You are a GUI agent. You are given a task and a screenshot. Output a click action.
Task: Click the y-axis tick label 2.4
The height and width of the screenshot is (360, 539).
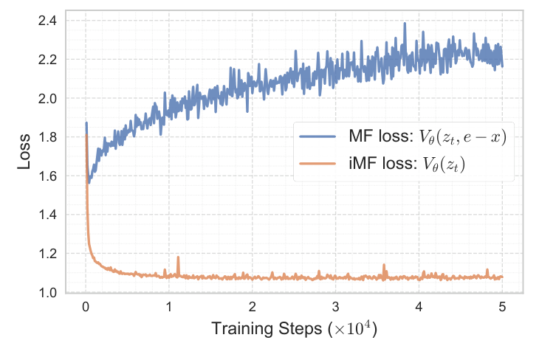pos(47,21)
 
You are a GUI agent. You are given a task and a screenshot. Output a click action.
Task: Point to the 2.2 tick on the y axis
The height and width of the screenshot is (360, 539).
pos(47,60)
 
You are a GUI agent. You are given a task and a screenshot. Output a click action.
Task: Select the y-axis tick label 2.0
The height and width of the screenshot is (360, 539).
pos(47,98)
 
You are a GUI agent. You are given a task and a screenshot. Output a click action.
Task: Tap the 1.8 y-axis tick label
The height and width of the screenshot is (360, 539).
pos(47,137)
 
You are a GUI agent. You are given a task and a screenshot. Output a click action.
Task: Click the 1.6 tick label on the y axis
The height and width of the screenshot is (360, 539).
pos(47,176)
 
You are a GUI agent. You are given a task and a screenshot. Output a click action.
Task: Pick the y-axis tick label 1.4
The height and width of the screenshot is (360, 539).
pos(47,215)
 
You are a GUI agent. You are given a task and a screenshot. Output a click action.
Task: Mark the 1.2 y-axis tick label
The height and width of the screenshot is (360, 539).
pos(47,254)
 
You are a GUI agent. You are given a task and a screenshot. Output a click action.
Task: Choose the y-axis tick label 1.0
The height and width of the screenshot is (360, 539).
pos(47,293)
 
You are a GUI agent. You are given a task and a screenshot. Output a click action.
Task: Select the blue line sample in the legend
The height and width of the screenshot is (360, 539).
pos(319,138)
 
